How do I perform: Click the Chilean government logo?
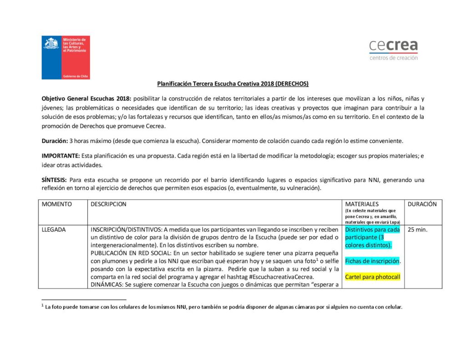[x=66, y=57]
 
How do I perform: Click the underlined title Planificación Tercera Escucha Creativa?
[x=233, y=84]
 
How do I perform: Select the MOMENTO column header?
[x=57, y=204]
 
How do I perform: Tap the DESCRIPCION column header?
[x=108, y=204]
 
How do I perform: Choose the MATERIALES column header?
[x=362, y=204]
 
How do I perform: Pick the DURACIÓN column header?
[x=422, y=204]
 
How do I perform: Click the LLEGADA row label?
[x=54, y=230]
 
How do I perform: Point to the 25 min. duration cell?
[x=417, y=230]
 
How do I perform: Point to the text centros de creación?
[x=393, y=58]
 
